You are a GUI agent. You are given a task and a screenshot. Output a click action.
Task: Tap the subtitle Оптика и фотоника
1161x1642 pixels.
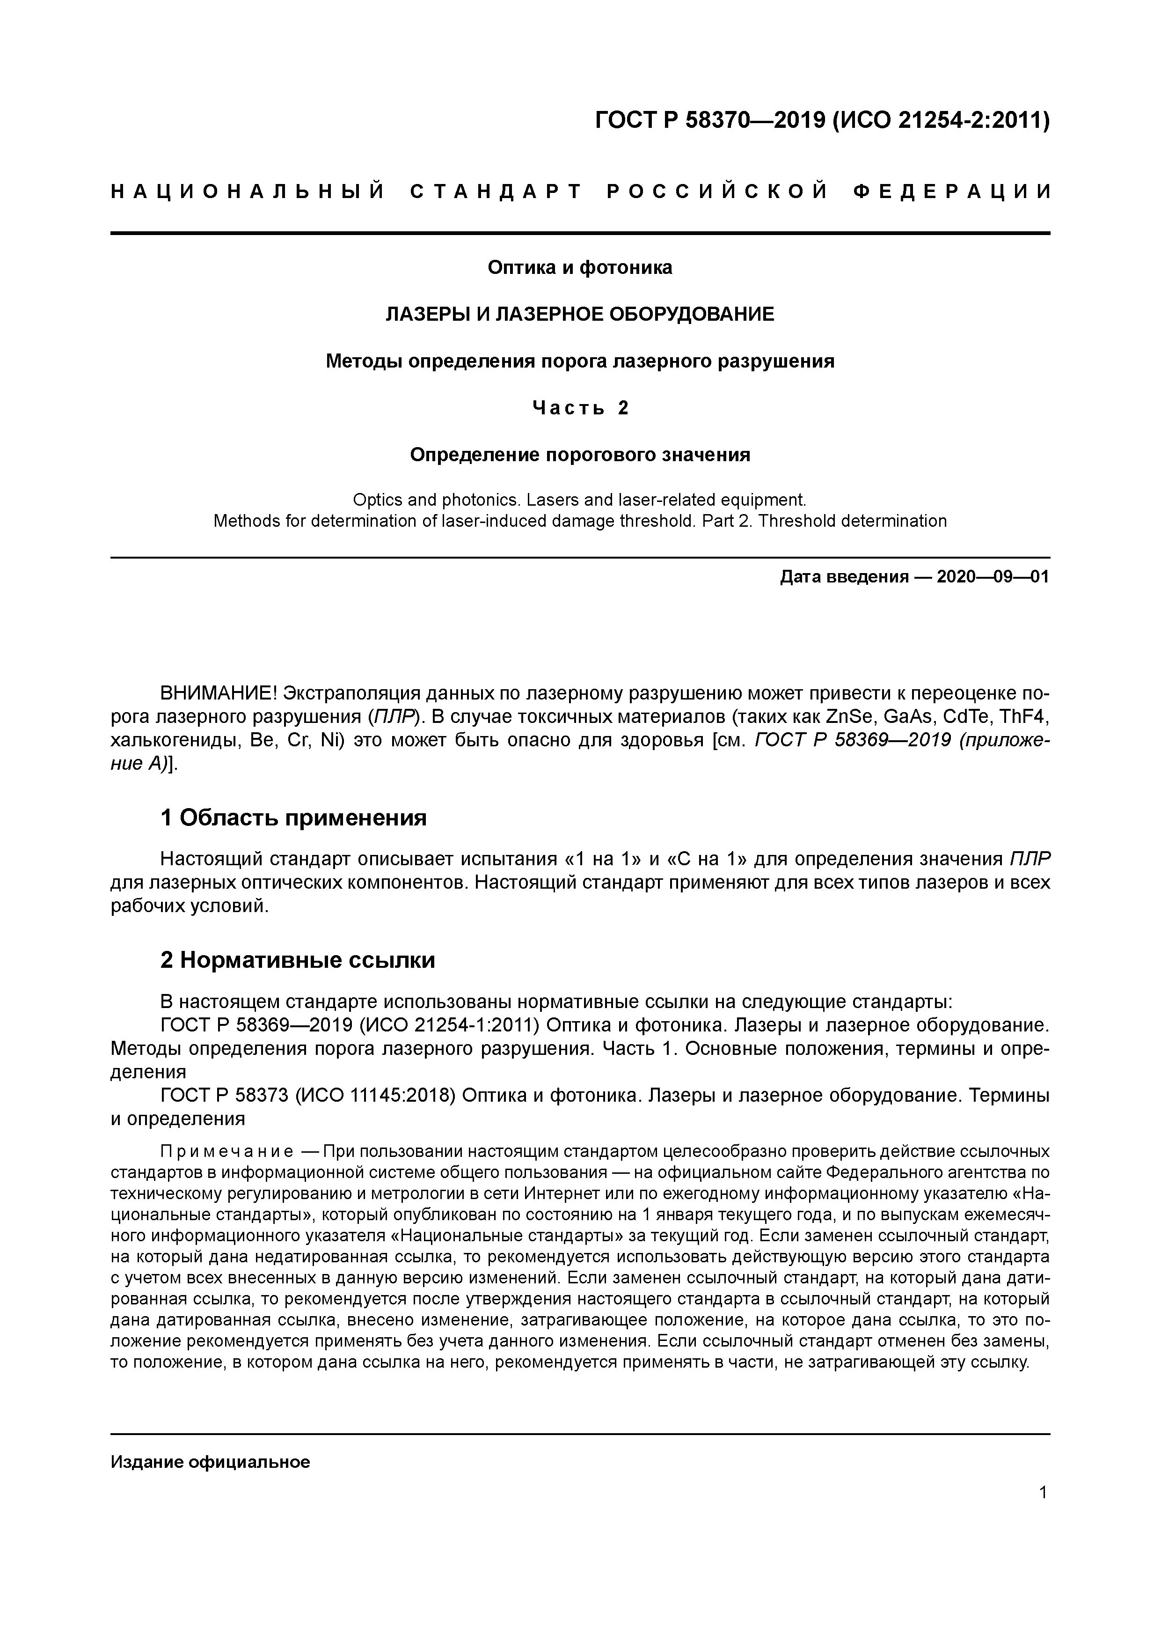[x=580, y=267]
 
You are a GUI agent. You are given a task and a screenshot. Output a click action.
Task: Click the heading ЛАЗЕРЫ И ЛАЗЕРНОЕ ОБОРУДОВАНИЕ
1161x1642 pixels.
[x=580, y=314]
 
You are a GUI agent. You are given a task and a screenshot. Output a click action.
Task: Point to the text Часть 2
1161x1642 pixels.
[x=580, y=408]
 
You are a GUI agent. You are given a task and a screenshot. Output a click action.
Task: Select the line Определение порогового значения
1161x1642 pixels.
[x=580, y=455]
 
